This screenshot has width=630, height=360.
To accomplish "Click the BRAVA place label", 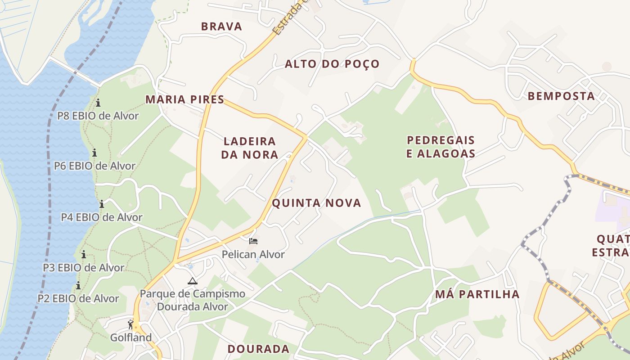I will click(221, 27).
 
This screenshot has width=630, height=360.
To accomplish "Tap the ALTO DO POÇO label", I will click(332, 64).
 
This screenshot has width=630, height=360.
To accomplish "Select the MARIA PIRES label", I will click(184, 99).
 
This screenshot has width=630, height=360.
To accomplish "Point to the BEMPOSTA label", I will click(561, 96).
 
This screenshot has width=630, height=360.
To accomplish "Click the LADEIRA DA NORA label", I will click(250, 148).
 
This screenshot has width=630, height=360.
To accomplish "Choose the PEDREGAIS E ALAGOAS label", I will click(441, 147).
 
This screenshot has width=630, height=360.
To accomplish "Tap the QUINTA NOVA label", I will click(316, 203).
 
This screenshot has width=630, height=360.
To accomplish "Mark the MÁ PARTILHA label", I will click(477, 294).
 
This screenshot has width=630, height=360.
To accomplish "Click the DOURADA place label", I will click(258, 349).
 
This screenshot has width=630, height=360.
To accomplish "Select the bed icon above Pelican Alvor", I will click(253, 241).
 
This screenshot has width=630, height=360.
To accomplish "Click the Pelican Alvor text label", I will click(253, 255).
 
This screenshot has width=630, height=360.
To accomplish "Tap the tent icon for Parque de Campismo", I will click(193, 281).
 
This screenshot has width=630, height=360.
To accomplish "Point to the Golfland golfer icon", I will click(131, 324).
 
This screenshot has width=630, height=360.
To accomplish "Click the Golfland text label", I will click(131, 337).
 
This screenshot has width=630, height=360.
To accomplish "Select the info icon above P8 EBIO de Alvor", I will click(98, 103).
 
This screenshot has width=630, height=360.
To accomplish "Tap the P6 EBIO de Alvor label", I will click(94, 166).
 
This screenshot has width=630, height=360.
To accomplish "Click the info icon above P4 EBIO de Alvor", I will click(102, 204).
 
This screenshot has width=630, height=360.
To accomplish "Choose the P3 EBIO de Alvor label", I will click(84, 268).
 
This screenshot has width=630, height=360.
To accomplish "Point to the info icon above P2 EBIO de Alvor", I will click(78, 285).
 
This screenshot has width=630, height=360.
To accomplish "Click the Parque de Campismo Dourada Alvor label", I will click(193, 301).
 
